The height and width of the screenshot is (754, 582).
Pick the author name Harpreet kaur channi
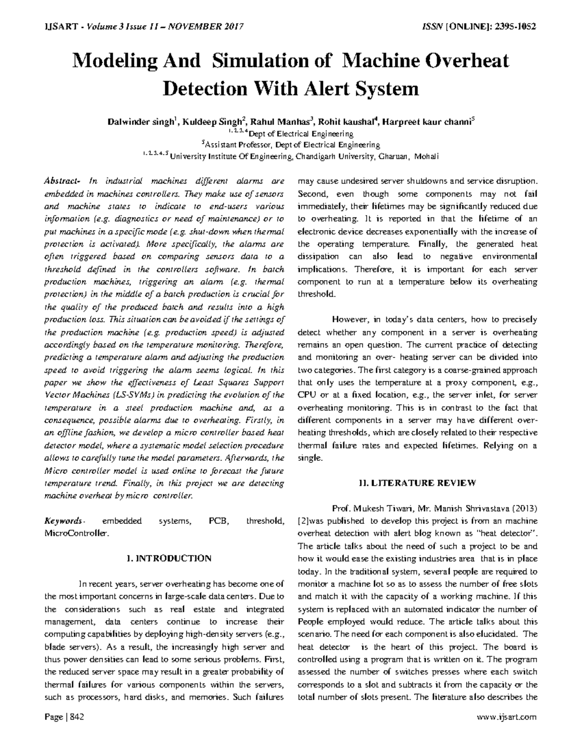(427, 121)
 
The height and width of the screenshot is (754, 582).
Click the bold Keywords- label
(64, 521)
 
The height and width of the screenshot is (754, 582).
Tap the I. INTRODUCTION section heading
(168, 558)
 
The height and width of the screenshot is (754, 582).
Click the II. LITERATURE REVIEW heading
(418, 483)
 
